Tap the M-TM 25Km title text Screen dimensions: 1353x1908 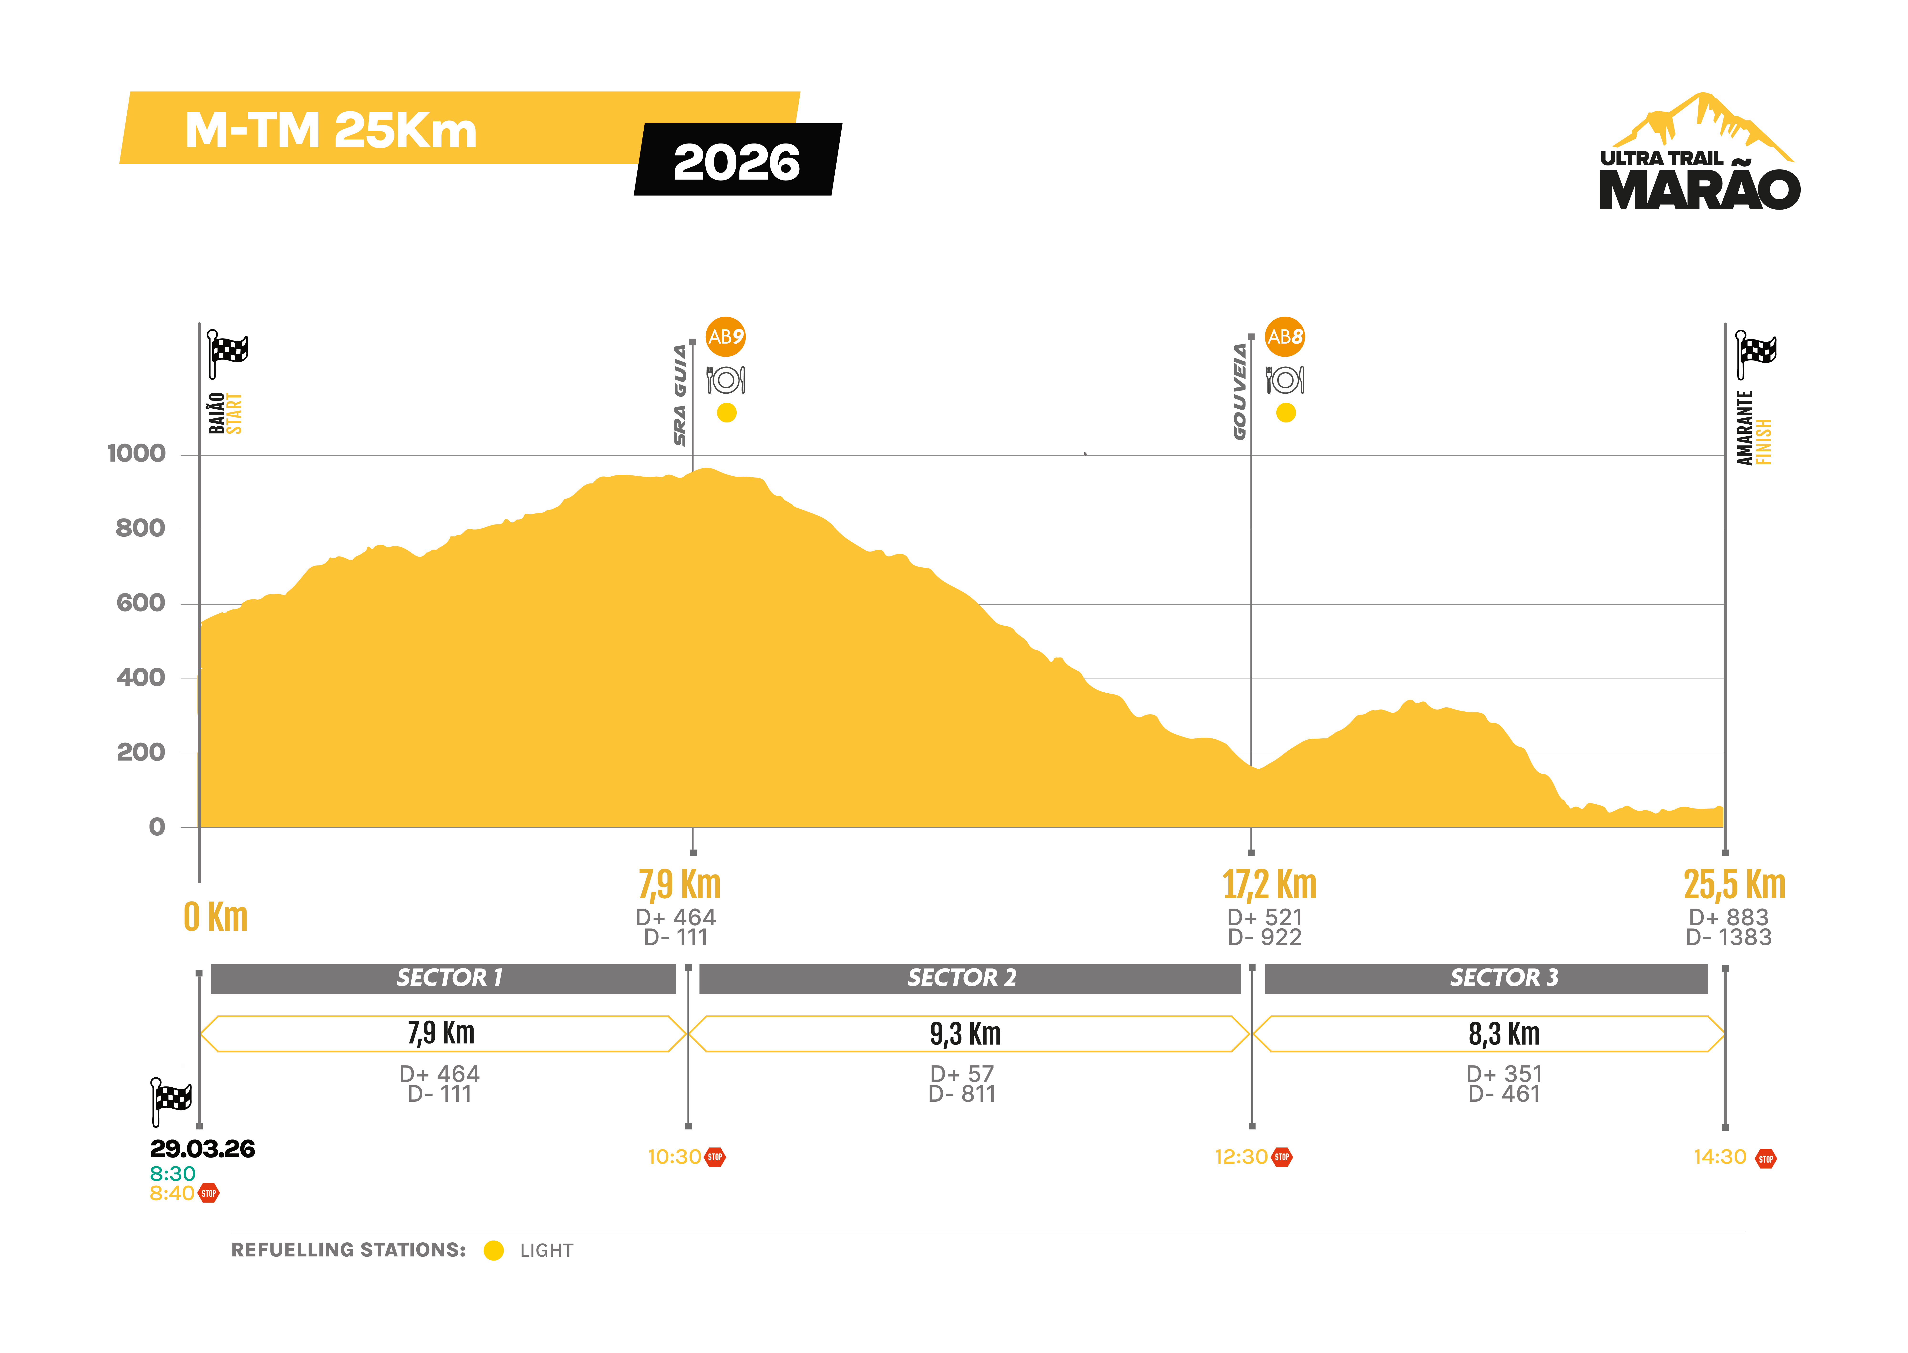click(x=331, y=131)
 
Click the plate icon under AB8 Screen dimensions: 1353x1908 click(x=1285, y=380)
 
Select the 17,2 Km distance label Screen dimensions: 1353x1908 click(x=1269, y=885)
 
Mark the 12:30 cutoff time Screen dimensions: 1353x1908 click(x=1241, y=1157)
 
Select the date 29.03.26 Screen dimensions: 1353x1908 click(x=202, y=1149)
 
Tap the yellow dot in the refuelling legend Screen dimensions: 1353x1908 click(x=493, y=1250)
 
